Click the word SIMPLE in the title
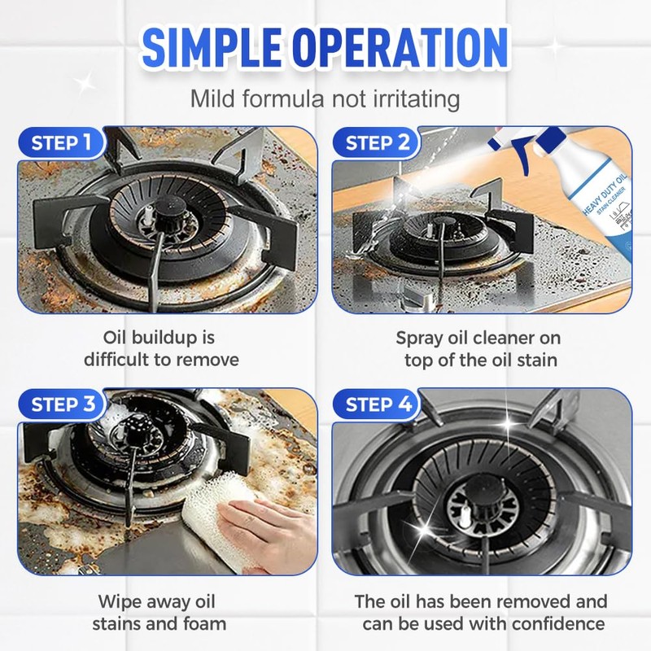(212, 46)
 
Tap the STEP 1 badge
(61, 142)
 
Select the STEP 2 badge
(377, 142)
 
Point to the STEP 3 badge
(63, 404)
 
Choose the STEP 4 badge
(378, 404)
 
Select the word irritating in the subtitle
(416, 98)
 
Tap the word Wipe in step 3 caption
(119, 602)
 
